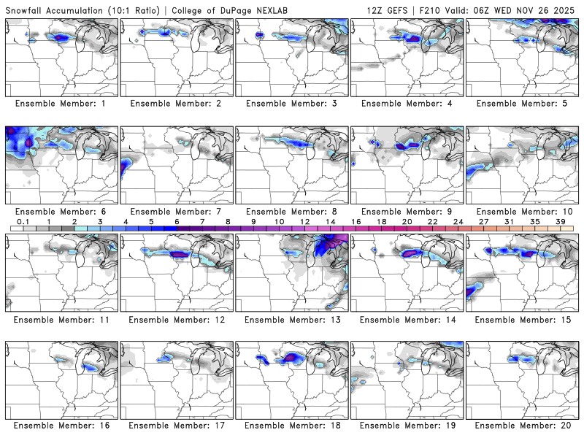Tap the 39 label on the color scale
click(x=561, y=220)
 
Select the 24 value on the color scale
click(x=458, y=220)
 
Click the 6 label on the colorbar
click(x=177, y=220)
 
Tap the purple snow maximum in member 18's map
click(x=293, y=357)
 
